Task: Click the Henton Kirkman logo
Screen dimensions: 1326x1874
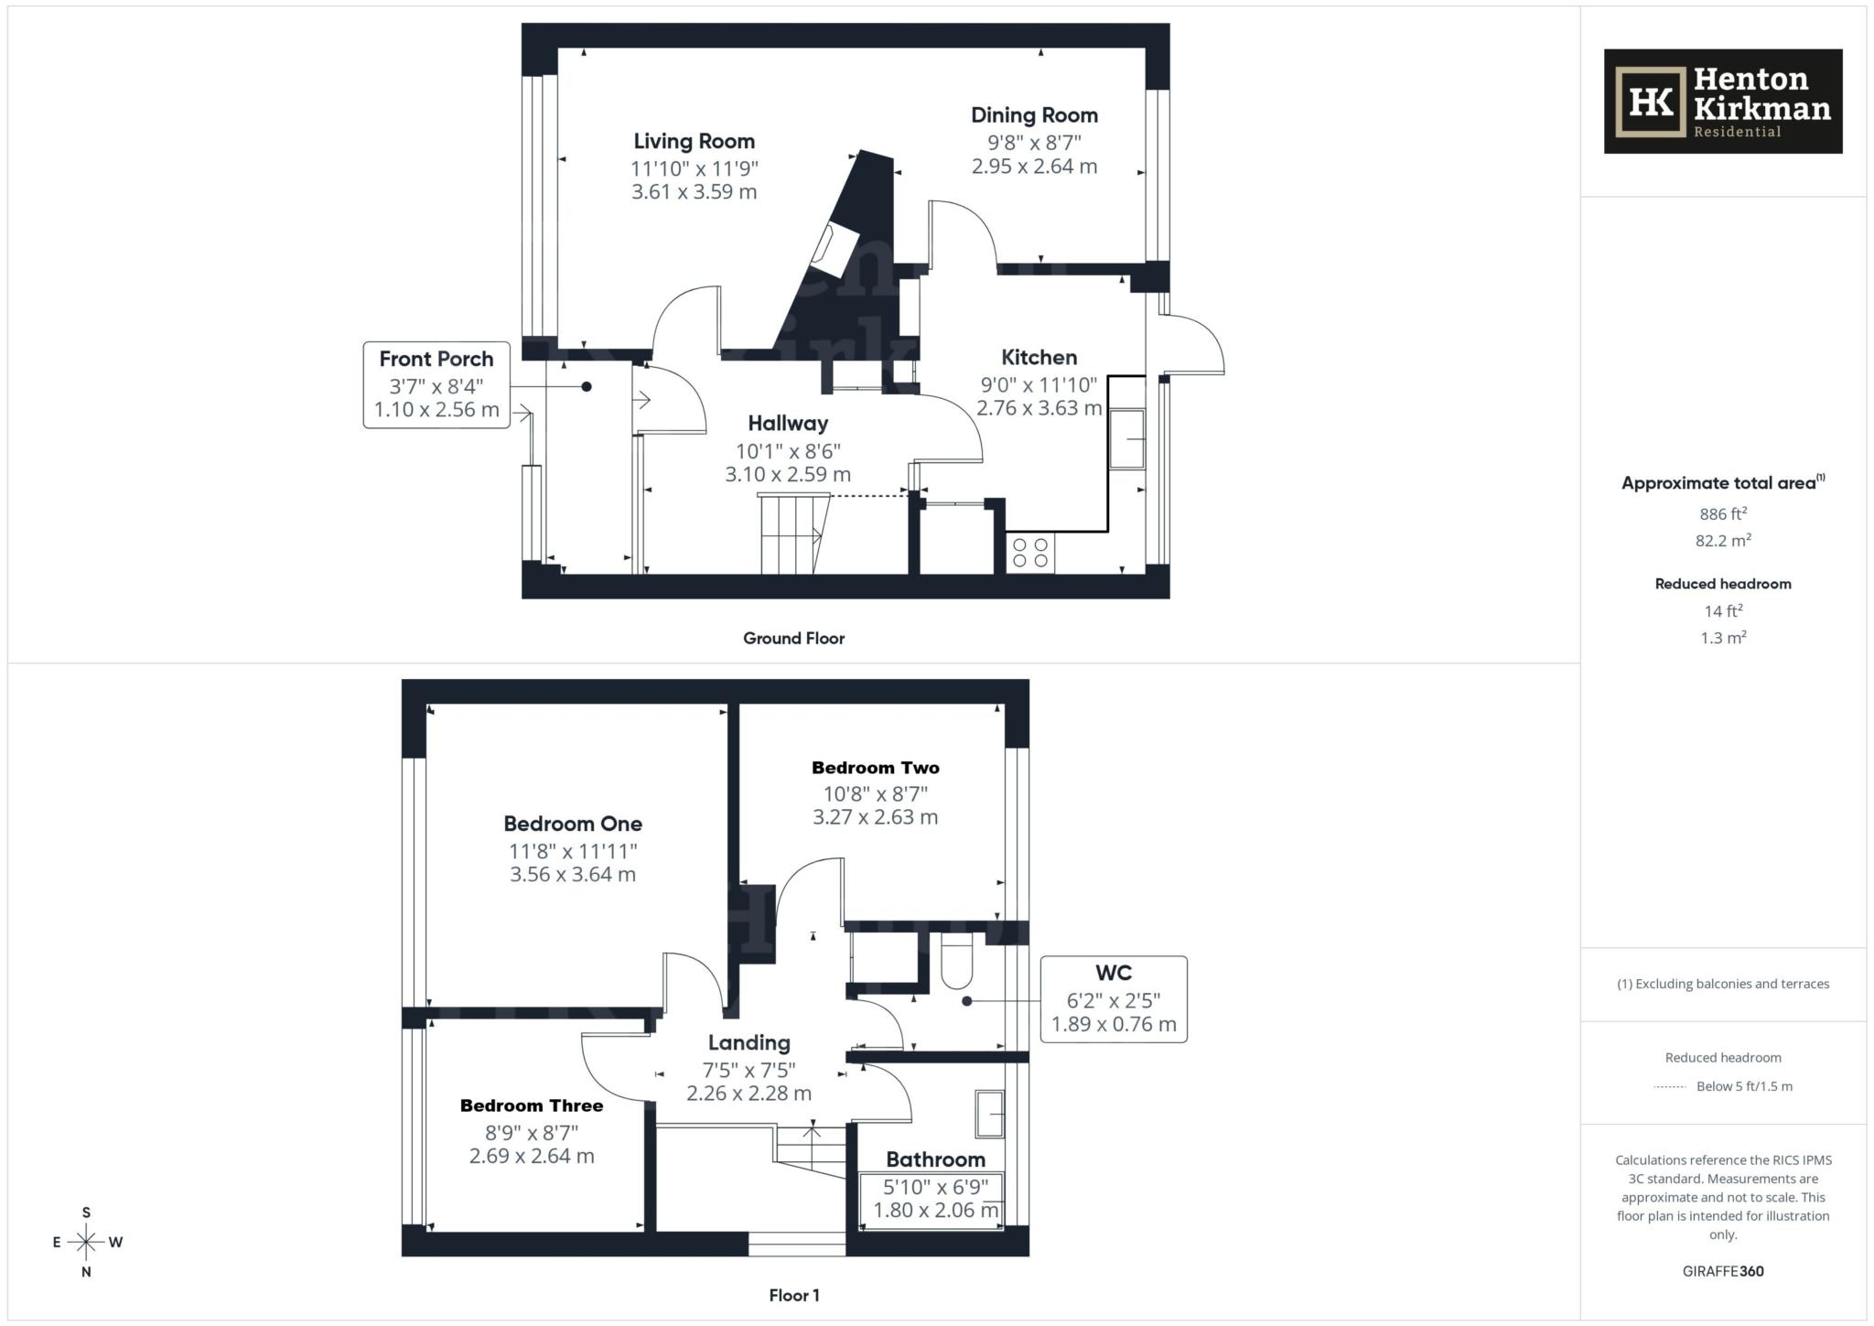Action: pyautogui.click(x=1722, y=102)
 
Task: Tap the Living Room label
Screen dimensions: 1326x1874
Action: pyautogui.click(x=694, y=141)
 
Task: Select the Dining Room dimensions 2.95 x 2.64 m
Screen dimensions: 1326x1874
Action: pyautogui.click(x=1034, y=167)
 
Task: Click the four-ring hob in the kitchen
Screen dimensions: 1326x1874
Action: pyautogui.click(x=1030, y=553)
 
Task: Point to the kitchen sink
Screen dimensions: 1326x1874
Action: pyautogui.click(x=1127, y=439)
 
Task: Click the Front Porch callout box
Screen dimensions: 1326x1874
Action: pyautogui.click(x=436, y=384)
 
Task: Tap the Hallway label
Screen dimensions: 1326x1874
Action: pyautogui.click(x=787, y=424)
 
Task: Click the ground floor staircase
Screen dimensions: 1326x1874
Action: pyautogui.click(x=792, y=535)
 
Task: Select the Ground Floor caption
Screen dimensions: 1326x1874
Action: pyautogui.click(x=793, y=639)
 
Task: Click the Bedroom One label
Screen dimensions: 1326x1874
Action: pyautogui.click(x=573, y=824)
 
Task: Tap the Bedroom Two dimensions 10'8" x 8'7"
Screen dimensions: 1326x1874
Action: pyautogui.click(x=875, y=793)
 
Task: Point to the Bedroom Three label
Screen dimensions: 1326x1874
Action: pyautogui.click(x=532, y=1105)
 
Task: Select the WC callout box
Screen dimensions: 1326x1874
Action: pyautogui.click(x=1113, y=998)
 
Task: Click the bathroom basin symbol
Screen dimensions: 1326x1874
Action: pyautogui.click(x=989, y=1114)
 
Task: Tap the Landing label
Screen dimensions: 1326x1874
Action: pyautogui.click(x=749, y=1042)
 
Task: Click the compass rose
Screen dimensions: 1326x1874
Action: pyautogui.click(x=87, y=1242)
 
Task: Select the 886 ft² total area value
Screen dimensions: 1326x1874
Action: pyautogui.click(x=1722, y=514)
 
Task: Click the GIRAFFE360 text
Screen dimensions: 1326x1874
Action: pyautogui.click(x=1722, y=1271)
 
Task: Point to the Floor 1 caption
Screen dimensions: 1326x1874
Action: pyautogui.click(x=793, y=1295)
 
